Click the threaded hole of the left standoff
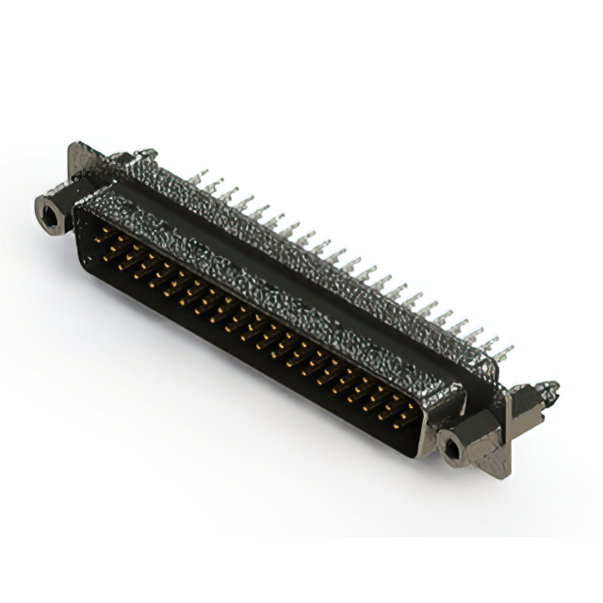(x=49, y=216)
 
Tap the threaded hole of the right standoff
(x=453, y=449)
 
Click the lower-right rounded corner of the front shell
(x=419, y=450)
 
